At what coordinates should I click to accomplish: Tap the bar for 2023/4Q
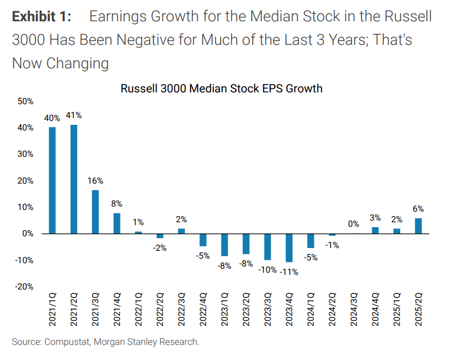click(289, 247)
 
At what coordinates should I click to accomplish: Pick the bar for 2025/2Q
click(418, 226)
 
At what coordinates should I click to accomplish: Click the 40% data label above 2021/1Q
click(52, 118)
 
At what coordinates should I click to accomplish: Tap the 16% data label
click(95, 181)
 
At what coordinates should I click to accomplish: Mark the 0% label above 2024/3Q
click(354, 224)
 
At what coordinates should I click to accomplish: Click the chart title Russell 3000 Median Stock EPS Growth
click(221, 88)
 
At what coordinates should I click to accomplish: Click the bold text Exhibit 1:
click(41, 16)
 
